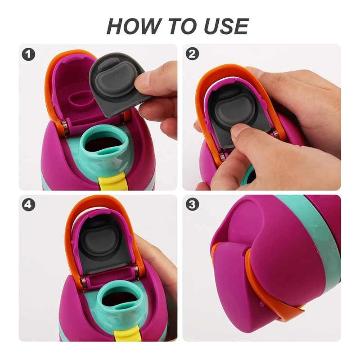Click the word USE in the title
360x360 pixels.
226,26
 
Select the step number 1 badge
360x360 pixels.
28,54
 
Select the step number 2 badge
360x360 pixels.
192,54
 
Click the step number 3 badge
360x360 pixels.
192,204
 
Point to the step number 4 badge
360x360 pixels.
28,204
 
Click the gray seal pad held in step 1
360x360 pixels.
115,85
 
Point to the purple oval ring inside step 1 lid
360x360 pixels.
81,100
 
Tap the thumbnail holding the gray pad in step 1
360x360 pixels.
141,81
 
